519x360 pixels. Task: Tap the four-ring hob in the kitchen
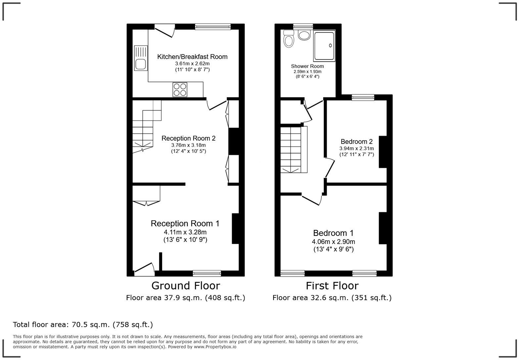coord(180,90)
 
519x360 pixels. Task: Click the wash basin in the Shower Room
coord(304,35)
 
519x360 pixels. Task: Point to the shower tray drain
coord(330,45)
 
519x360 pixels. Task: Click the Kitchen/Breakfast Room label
coord(192,57)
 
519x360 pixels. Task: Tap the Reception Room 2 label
coord(188,138)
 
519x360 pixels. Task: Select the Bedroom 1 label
coord(333,233)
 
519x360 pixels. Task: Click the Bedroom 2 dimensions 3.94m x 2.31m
coord(356,149)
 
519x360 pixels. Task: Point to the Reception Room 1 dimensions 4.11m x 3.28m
coord(185,232)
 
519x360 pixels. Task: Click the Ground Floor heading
coord(185,286)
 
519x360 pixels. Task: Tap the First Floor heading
coord(332,286)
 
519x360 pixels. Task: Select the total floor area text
coord(83,325)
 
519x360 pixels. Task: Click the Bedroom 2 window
coord(363,97)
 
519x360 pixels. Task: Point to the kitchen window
coord(212,27)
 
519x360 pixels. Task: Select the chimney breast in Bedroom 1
coord(383,228)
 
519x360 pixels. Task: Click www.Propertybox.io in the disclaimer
coord(215,347)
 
